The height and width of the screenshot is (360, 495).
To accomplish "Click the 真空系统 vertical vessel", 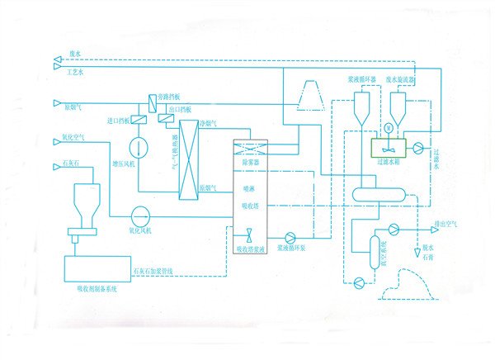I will [375, 251].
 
